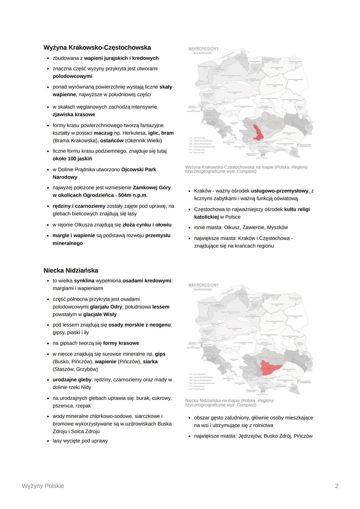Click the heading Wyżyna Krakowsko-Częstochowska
(97, 47)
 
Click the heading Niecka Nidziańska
(71, 270)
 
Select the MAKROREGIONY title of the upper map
(203, 49)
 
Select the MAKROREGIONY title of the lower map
(203, 285)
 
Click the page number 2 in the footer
(336, 486)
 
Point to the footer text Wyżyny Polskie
(43, 486)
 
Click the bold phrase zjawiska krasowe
(74, 115)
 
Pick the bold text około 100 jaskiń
(72, 159)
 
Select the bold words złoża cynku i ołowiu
(147, 225)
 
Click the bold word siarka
(150, 362)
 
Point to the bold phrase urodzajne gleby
(72, 380)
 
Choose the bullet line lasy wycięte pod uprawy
(80, 441)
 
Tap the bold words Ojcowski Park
(139, 170)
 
